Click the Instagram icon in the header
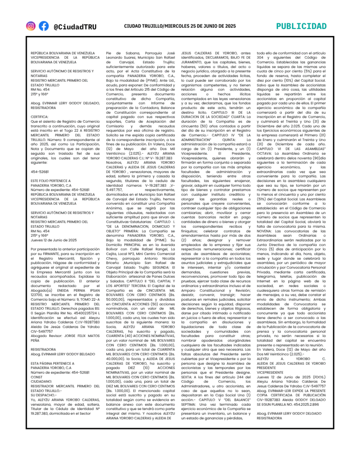coord(31,26)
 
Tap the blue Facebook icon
coord(44,26)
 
